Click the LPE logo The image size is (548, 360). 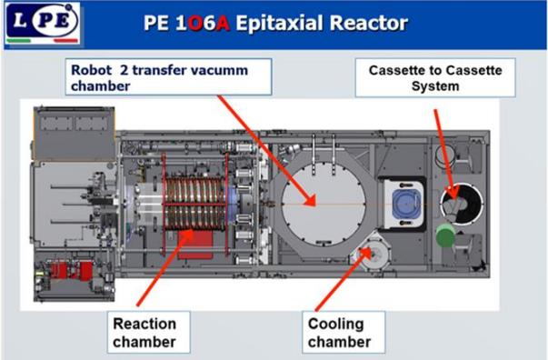point(43,24)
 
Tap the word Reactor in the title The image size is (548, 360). point(368,23)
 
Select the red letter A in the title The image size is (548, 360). point(223,24)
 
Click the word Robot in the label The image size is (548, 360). point(92,70)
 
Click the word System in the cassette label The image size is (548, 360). point(435,86)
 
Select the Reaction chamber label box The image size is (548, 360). point(148,332)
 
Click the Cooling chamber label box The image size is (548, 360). point(344,332)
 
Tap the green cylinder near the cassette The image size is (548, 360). point(445,235)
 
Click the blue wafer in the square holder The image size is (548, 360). point(405,204)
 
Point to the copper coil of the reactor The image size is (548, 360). point(194,204)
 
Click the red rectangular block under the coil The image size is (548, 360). point(195,245)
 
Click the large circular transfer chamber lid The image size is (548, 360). point(324,204)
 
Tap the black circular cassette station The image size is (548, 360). point(462,204)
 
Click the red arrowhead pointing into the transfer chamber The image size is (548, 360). point(310,200)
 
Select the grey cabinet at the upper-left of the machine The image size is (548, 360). point(75,134)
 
